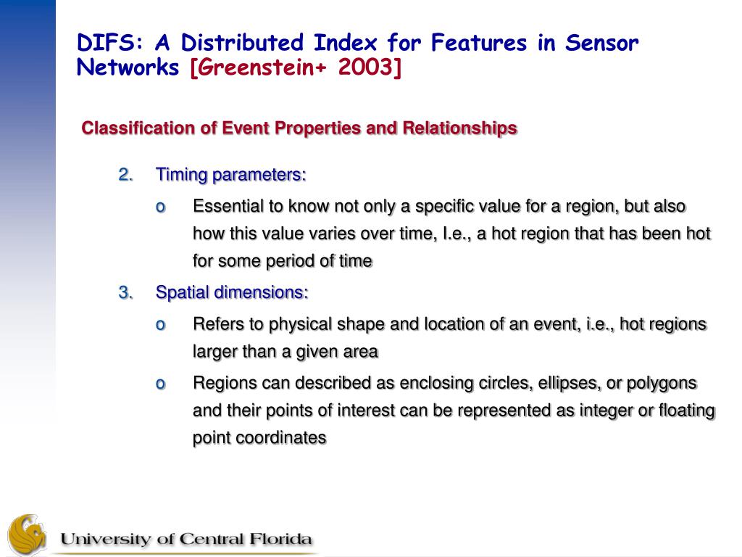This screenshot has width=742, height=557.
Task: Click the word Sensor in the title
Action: coord(601,43)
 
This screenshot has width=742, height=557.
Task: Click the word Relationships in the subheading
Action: coord(459,128)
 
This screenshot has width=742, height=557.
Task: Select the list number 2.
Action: coord(125,175)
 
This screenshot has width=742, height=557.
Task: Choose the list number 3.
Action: coord(125,292)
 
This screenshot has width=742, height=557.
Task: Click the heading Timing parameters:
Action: coord(231,176)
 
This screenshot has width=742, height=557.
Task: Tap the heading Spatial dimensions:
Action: coord(232,293)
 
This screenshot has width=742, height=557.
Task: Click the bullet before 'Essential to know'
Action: coord(161,207)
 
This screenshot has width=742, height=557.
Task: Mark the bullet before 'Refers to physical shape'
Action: coord(161,325)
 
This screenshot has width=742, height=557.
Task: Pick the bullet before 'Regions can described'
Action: coord(161,384)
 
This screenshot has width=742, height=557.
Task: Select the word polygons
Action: coord(662,384)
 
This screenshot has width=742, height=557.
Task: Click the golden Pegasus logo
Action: coord(27,535)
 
